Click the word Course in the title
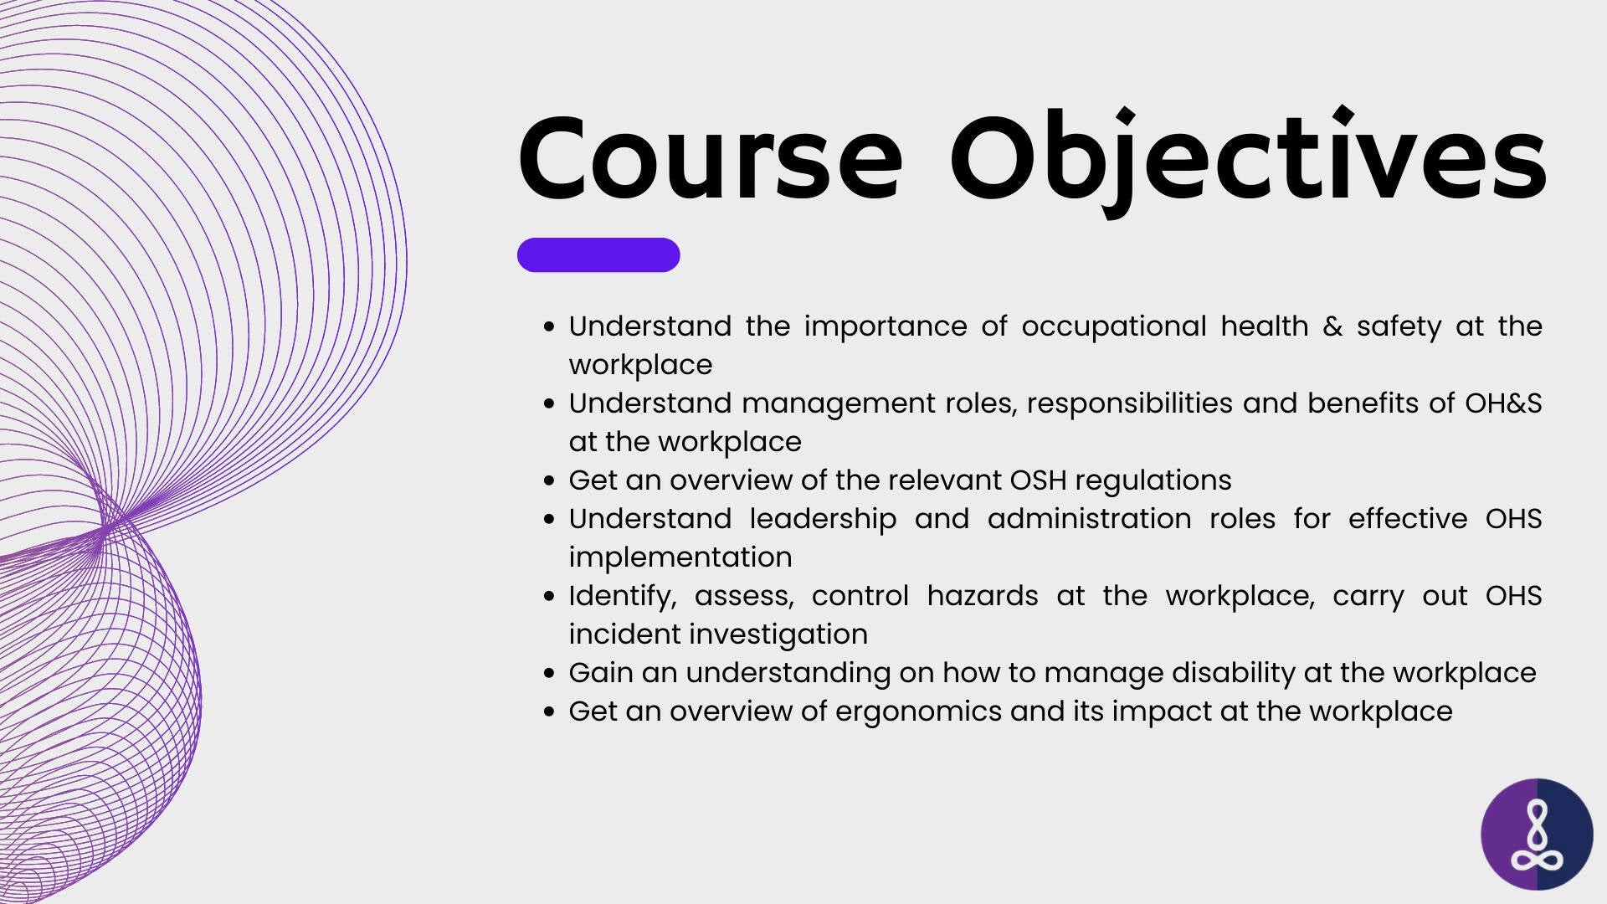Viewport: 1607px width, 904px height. (x=711, y=158)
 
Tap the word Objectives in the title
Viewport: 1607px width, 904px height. (x=1248, y=161)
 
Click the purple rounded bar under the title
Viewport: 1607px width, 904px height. (x=598, y=254)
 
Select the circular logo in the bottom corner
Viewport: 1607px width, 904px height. (x=1537, y=835)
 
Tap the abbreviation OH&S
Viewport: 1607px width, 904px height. (x=1503, y=403)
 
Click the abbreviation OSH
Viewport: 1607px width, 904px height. (x=1038, y=480)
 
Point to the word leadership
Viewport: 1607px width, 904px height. (x=823, y=520)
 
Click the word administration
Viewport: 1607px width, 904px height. (x=1089, y=519)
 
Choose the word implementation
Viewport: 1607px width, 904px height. (x=680, y=558)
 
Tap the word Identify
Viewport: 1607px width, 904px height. (x=623, y=597)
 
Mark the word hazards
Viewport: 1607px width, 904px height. (x=983, y=596)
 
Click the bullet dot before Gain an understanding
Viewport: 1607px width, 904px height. (x=549, y=674)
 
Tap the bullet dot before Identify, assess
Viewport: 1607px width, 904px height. (x=549, y=597)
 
